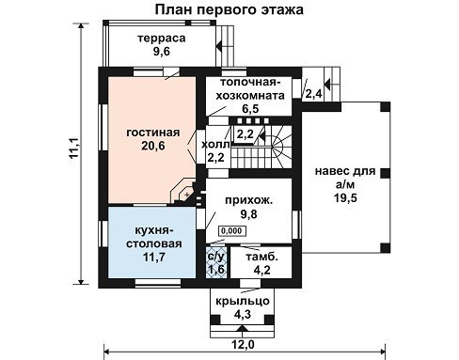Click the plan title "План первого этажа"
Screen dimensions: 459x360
point(229,9)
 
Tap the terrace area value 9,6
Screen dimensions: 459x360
point(162,51)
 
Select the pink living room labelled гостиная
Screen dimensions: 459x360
point(152,140)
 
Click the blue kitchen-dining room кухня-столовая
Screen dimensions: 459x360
point(152,242)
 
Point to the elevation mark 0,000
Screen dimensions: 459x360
point(232,231)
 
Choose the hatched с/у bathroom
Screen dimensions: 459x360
point(216,262)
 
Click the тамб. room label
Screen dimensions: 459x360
point(261,257)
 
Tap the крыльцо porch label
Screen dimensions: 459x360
point(243,301)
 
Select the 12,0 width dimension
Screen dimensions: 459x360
point(243,345)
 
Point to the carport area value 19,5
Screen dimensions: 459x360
point(345,198)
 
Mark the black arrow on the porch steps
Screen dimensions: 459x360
point(242,328)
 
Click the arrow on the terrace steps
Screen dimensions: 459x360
point(219,46)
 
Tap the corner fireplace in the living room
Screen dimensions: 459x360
point(185,192)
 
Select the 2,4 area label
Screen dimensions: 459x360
point(314,93)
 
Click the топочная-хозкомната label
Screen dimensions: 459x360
point(250,88)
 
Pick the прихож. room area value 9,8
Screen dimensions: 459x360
point(248,214)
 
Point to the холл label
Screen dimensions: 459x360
point(215,145)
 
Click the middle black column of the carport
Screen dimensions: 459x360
point(386,173)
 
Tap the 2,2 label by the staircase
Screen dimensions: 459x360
point(245,134)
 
